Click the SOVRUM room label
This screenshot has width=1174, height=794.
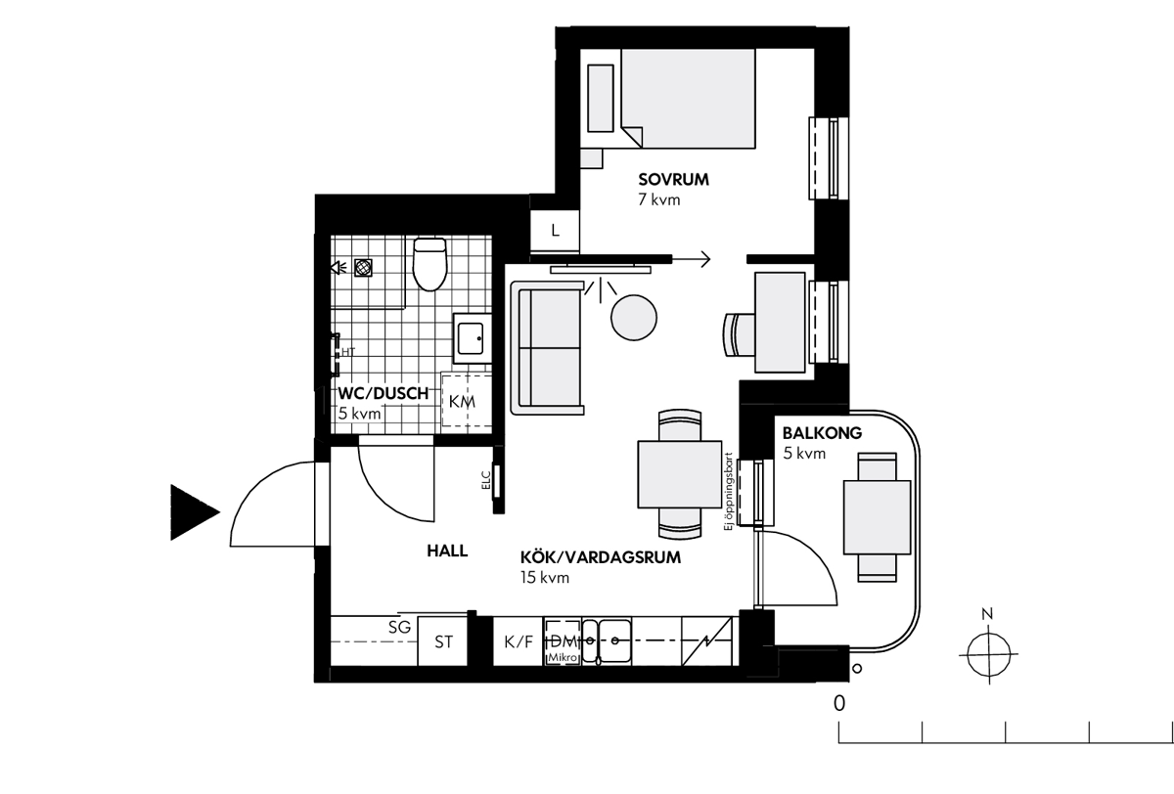tap(673, 180)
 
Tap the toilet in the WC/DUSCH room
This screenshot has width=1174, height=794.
tap(429, 264)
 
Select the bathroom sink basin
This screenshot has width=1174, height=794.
tap(471, 338)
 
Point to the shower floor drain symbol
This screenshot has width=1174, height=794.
tap(363, 268)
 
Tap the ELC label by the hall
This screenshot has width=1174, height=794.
tap(486, 481)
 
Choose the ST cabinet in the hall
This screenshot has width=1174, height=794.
tap(442, 641)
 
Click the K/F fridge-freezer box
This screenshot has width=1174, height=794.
tap(518, 641)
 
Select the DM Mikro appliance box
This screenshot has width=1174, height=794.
tap(563, 642)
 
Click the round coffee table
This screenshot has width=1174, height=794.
tap(634, 318)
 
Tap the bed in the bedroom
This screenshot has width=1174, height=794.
tap(688, 99)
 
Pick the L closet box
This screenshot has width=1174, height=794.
tap(555, 231)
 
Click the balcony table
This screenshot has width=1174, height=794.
tap(877, 517)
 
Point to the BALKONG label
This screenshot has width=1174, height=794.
tap(822, 433)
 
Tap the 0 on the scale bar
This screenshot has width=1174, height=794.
tap(839, 703)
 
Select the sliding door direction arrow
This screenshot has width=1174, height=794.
tap(691, 259)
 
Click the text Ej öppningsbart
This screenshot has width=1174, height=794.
tap(728, 491)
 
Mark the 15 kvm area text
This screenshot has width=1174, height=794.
tap(545, 578)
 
